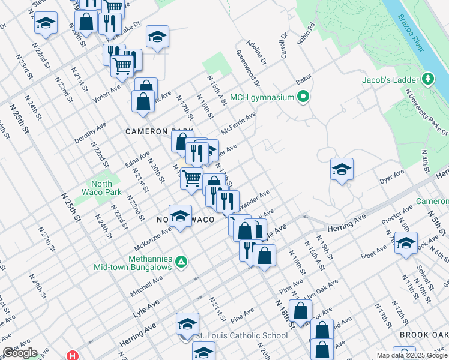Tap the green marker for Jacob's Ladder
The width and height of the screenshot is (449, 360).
coord(428,79)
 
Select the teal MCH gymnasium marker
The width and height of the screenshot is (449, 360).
coord(304,97)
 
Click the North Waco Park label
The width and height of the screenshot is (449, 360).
coord(106,188)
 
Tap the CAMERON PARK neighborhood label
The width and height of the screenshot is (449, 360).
coord(158,131)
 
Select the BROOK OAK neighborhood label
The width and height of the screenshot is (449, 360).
coord(423,335)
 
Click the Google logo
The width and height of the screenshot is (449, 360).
coord(19,353)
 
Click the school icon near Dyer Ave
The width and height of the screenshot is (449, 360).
coord(342,169)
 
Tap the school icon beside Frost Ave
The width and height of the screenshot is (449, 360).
coord(406,243)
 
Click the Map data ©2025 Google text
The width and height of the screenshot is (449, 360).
coord(412,355)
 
